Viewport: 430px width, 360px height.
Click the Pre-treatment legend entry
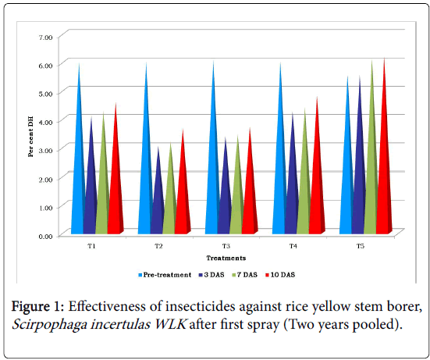coord(165,275)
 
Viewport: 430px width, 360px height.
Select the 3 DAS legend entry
coord(211,275)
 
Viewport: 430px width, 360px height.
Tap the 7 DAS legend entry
coord(245,275)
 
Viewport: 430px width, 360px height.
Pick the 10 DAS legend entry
coord(280,275)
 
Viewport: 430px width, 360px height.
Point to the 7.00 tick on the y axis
coord(45,37)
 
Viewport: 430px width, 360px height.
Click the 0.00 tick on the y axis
coord(45,237)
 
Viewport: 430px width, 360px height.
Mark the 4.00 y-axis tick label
coord(45,122)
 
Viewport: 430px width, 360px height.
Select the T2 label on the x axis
coord(158,246)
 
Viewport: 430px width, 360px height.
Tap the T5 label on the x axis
coord(361,246)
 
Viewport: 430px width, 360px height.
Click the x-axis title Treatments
coord(226,258)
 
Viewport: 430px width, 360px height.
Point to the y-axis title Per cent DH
coord(30,137)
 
